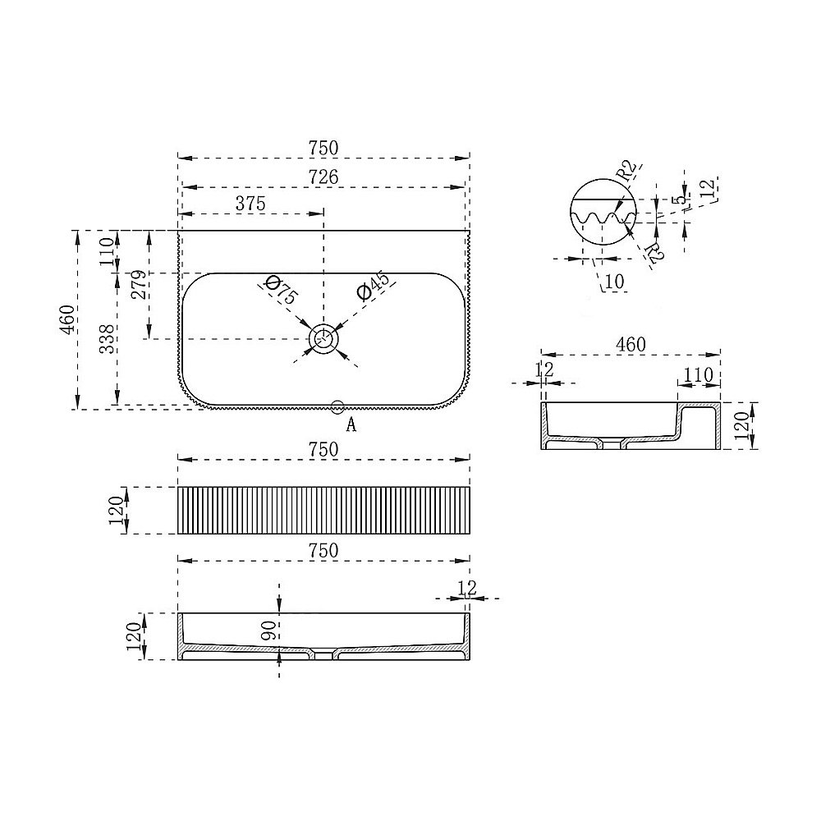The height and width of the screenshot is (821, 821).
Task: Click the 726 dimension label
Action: click(x=323, y=177)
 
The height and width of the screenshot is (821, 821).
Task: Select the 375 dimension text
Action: click(x=250, y=203)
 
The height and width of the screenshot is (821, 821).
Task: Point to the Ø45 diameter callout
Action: click(x=373, y=286)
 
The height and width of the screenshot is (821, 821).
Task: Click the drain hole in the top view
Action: click(x=324, y=337)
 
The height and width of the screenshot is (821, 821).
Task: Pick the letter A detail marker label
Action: click(x=351, y=424)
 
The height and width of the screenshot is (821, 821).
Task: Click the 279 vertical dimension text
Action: click(x=140, y=285)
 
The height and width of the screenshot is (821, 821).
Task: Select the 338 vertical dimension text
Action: click(x=108, y=339)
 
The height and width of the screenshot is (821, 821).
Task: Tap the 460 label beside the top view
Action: click(x=67, y=319)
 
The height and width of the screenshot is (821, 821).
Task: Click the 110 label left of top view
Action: click(x=107, y=251)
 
